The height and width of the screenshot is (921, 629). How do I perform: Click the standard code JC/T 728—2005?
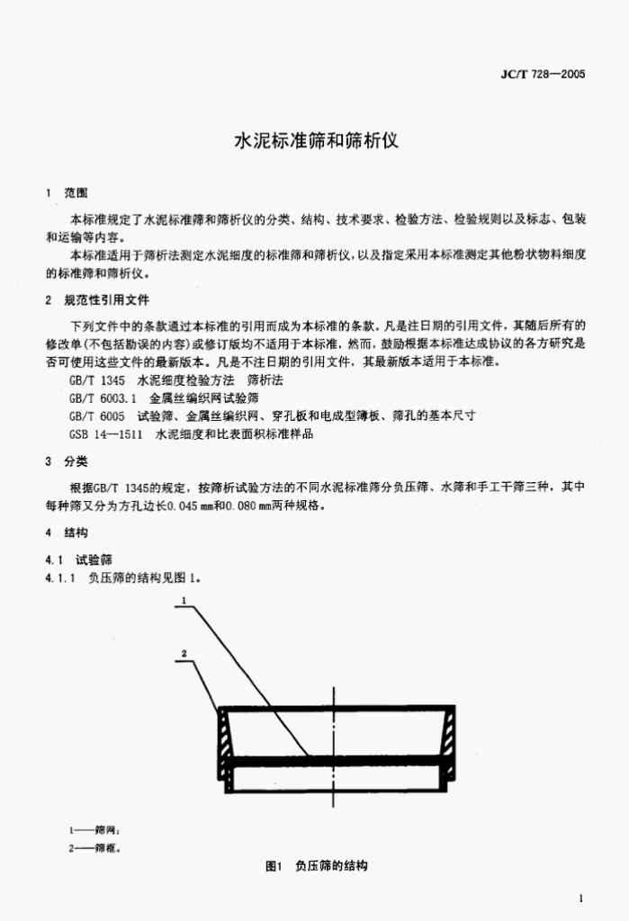543,74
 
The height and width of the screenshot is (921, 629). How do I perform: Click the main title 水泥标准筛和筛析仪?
316,141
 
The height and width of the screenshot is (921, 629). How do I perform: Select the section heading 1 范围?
67,192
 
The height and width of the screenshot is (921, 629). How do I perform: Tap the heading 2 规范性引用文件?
97,300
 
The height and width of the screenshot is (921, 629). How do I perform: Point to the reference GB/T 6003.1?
103,398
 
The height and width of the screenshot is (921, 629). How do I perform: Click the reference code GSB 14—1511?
105,434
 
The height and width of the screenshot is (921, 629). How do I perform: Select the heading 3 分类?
67,461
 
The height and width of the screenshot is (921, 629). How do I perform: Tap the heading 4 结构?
67,532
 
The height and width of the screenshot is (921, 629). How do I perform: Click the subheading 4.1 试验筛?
78,559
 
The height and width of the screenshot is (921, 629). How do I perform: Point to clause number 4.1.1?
60,578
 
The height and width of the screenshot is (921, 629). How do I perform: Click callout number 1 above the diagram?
184,600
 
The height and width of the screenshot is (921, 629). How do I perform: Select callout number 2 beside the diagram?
184,653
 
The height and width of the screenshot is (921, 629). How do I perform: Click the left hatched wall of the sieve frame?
224,734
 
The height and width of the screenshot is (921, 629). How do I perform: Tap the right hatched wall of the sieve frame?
448,734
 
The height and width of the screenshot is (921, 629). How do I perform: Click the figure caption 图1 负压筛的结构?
316,866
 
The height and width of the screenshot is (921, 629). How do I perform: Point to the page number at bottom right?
580,899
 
